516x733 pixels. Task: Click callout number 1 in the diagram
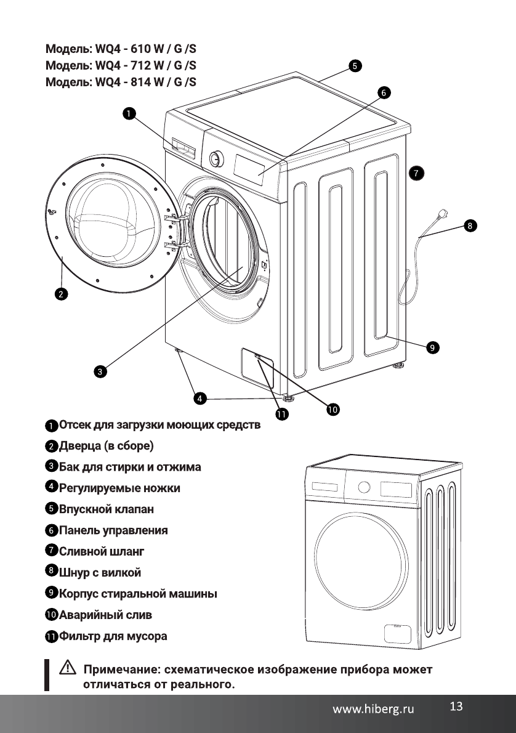pyautogui.click(x=128, y=113)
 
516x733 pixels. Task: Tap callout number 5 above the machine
pyautogui.click(x=354, y=65)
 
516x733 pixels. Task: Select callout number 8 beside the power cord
pyautogui.click(x=469, y=226)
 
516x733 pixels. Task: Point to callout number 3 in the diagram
pyautogui.click(x=99, y=371)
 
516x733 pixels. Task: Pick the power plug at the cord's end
pyautogui.click(x=443, y=216)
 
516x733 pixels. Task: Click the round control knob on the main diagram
pyautogui.click(x=216, y=158)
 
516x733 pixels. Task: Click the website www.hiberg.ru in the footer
pyautogui.click(x=373, y=709)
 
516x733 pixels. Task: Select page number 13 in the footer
pyautogui.click(x=456, y=707)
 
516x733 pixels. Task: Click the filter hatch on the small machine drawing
pyautogui.click(x=398, y=633)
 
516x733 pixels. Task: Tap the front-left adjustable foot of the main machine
pyautogui.click(x=179, y=351)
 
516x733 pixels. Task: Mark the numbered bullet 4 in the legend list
pyautogui.click(x=52, y=487)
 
